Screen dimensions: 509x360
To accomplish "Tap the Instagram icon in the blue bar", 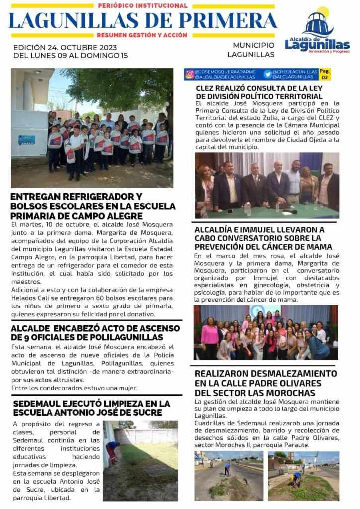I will coord(190,74).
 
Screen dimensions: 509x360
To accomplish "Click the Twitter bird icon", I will coord(268,74).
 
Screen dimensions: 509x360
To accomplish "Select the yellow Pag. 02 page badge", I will coord(325,74).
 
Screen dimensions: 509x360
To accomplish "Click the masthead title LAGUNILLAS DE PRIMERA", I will coord(143,20).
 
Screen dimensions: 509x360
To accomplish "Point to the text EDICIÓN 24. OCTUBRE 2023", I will coord(65,47).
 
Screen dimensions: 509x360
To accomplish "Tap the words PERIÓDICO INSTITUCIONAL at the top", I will coord(143,6).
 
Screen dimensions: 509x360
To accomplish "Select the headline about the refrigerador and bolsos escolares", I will coord(93,206).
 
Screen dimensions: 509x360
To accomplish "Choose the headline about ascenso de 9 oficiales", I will coord(95,333).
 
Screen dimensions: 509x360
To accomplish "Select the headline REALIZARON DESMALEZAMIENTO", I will coord(265,383).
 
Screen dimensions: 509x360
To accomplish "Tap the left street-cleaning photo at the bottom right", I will coord(229,475).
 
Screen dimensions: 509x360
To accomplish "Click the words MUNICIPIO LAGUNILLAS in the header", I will coord(253,50).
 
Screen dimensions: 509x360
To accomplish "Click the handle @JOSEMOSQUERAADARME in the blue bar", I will coord(225,72).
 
